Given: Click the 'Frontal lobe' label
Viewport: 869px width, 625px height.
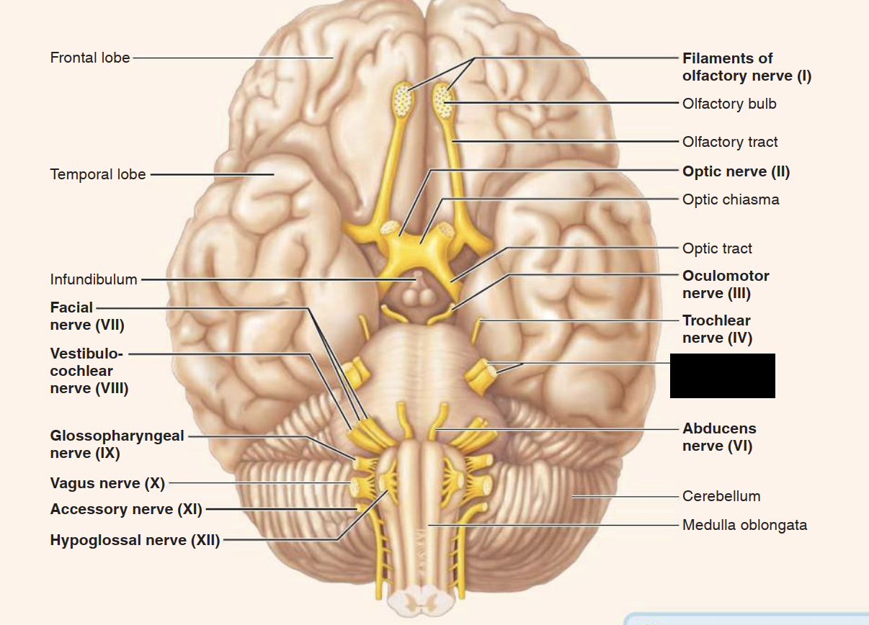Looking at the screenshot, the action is (x=90, y=58).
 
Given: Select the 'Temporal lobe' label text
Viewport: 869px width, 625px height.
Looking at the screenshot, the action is (x=98, y=174).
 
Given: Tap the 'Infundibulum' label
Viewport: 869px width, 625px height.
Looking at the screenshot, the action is (x=94, y=279).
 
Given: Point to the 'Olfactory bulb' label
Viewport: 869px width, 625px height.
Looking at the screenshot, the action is (x=729, y=104).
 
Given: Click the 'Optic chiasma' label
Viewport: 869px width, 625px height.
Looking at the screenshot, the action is (x=731, y=199).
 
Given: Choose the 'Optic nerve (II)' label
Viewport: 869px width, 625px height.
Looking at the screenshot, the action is (x=736, y=172).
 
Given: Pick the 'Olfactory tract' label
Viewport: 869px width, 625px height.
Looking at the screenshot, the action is (x=730, y=143).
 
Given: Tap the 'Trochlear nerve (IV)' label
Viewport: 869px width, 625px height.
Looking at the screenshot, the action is (x=717, y=329).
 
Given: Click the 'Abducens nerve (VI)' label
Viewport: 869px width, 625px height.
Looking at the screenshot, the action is (x=719, y=437).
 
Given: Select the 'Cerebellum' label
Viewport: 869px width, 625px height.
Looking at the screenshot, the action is (x=721, y=496).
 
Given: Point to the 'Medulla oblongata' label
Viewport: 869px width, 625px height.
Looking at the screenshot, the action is (x=744, y=525).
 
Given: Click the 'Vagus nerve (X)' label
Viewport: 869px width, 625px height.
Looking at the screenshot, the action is (x=107, y=482).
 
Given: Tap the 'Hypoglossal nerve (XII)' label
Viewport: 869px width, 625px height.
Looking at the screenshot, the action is (x=135, y=540).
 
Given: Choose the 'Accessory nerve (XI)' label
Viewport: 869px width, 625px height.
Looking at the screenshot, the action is (x=126, y=509).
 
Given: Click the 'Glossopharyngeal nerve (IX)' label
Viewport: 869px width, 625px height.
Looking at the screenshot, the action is (x=117, y=444).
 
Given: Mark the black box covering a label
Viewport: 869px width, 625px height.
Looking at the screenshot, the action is (x=722, y=376).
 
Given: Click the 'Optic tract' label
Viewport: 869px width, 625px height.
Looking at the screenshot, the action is (x=717, y=249).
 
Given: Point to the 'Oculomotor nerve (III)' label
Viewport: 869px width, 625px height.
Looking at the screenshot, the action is (x=726, y=284).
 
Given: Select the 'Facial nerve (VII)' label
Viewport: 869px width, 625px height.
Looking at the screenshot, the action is (x=86, y=317).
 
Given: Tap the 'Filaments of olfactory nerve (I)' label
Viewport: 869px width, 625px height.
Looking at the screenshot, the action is (x=747, y=67).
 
